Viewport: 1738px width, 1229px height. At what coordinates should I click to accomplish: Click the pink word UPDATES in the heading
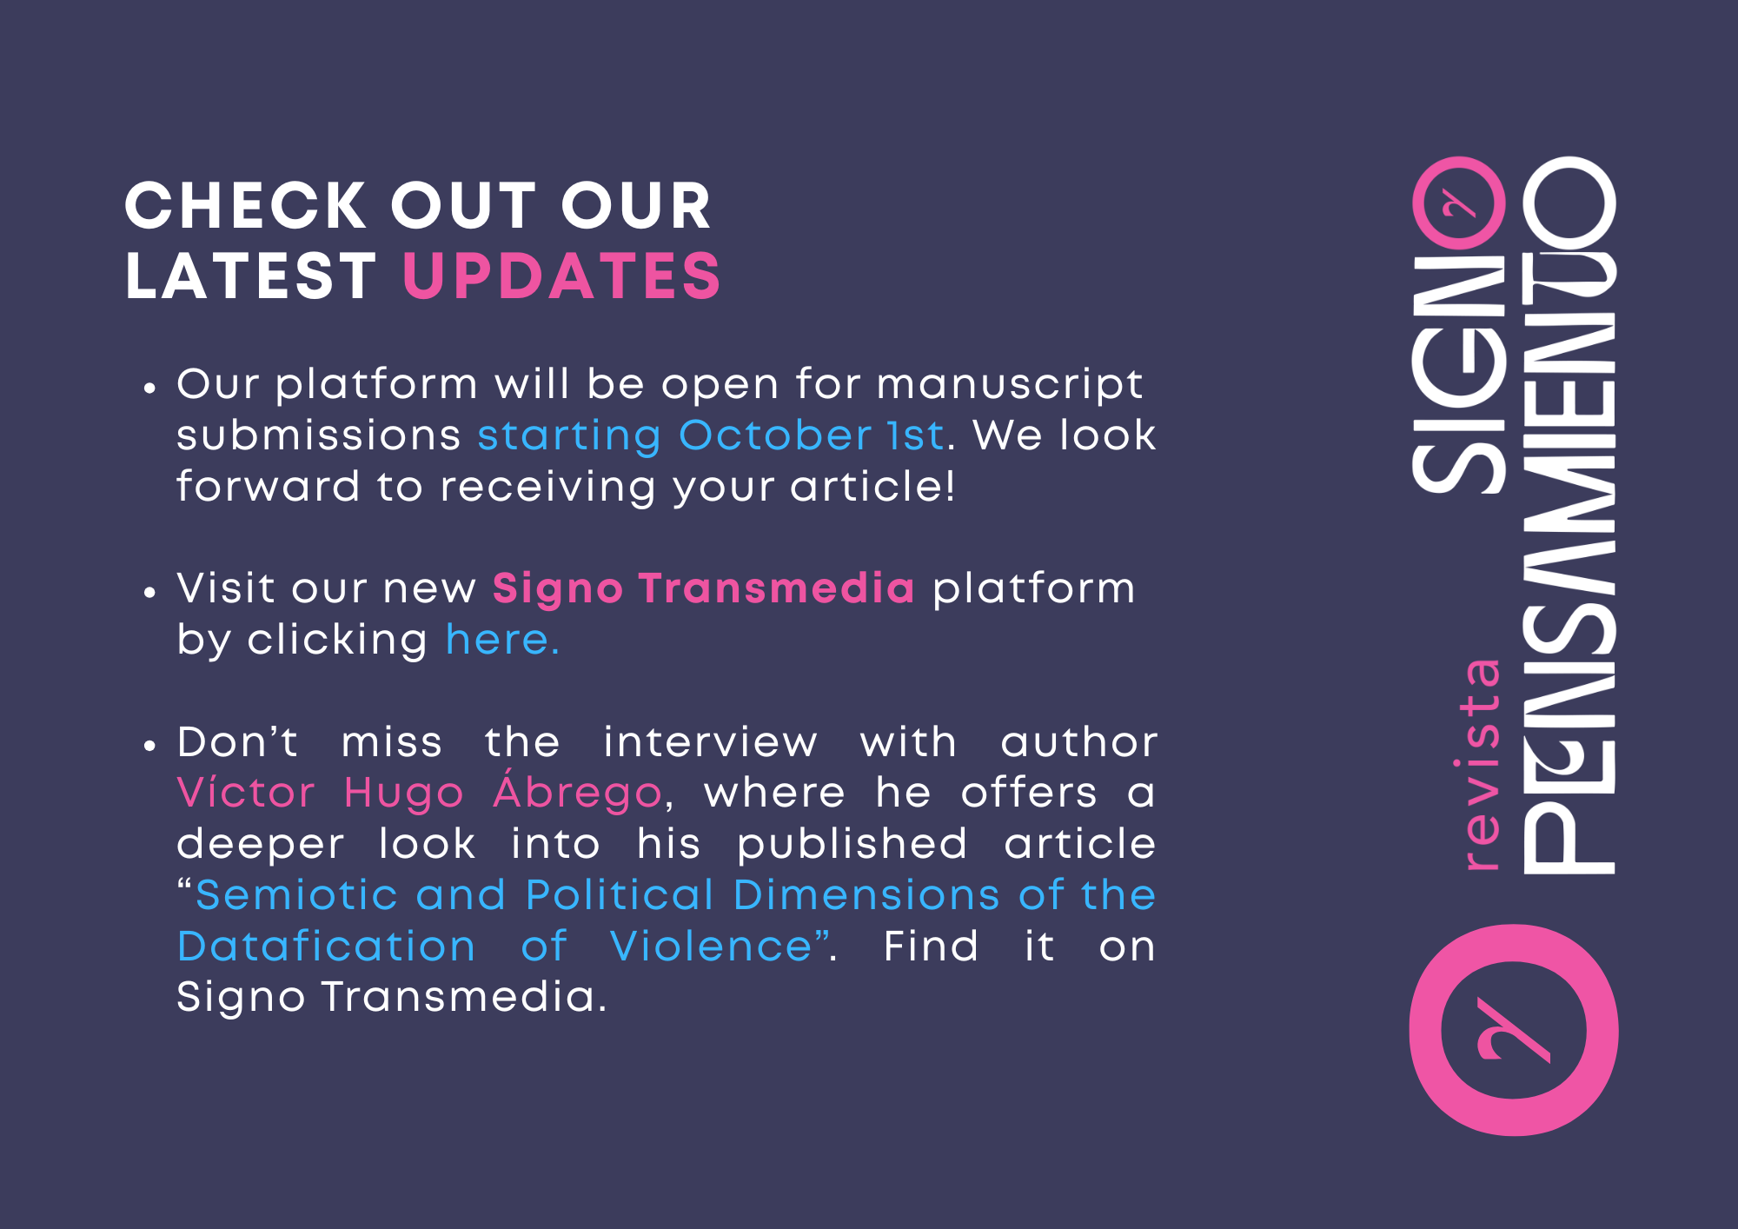pyautogui.click(x=561, y=276)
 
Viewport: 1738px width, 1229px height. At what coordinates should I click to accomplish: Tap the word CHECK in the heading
pyautogui.click(x=246, y=207)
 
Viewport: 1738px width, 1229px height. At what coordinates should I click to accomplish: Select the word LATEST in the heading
pyautogui.click(x=251, y=276)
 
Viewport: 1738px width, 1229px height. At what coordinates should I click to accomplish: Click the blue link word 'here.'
pyautogui.click(x=502, y=640)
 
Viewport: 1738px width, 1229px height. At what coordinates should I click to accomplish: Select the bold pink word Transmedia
pyautogui.click(x=776, y=588)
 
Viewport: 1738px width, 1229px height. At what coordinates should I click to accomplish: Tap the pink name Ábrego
pyautogui.click(x=577, y=791)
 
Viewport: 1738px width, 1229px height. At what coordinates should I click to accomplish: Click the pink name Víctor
pyautogui.click(x=245, y=792)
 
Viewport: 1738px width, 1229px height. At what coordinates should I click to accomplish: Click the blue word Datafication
pyautogui.click(x=326, y=946)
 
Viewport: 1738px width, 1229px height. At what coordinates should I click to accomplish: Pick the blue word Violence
pyautogui.click(x=711, y=946)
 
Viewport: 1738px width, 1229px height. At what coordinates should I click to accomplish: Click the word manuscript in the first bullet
pyautogui.click(x=1010, y=385)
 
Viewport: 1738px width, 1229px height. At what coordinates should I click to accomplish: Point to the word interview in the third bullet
pyautogui.click(x=710, y=742)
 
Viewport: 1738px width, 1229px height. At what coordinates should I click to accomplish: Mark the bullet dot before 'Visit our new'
pyautogui.click(x=150, y=593)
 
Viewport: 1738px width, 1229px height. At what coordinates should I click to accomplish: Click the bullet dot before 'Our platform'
pyautogui.click(x=150, y=389)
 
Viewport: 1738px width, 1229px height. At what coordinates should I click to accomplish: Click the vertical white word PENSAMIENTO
pyautogui.click(x=1569, y=515)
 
